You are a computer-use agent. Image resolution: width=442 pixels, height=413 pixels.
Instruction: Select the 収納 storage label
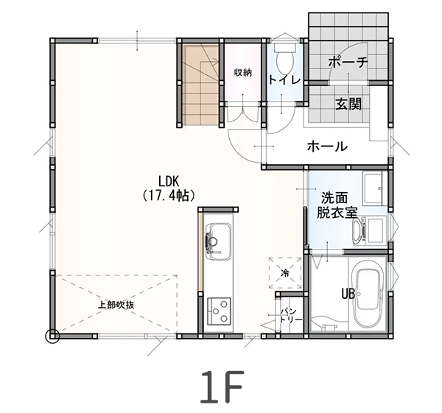(x=243, y=72)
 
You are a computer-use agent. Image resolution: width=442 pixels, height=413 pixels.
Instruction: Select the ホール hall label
(x=327, y=147)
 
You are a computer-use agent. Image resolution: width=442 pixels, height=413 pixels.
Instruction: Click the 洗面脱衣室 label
(x=337, y=205)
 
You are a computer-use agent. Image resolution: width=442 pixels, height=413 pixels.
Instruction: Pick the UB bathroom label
(x=348, y=293)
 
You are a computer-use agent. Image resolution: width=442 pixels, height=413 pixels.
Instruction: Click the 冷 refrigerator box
(x=285, y=272)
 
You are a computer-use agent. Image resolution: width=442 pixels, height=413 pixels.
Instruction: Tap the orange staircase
(x=198, y=85)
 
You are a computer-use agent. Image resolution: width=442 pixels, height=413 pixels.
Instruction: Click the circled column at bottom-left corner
(x=52, y=337)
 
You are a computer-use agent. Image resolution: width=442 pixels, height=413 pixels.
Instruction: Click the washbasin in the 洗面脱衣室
(x=362, y=229)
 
